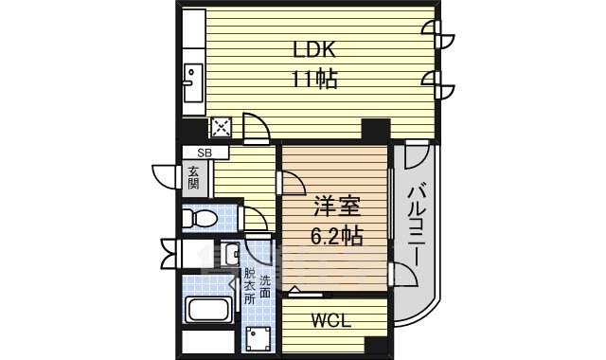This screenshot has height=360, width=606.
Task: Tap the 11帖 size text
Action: pos(313,80)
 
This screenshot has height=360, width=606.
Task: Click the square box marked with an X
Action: pos(222,127)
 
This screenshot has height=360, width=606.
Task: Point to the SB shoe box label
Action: pos(204,153)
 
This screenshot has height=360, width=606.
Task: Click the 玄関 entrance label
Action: pos(194,178)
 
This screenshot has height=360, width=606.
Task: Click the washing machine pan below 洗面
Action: pos(257,339)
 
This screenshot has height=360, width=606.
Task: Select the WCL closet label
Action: pos(331,320)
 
